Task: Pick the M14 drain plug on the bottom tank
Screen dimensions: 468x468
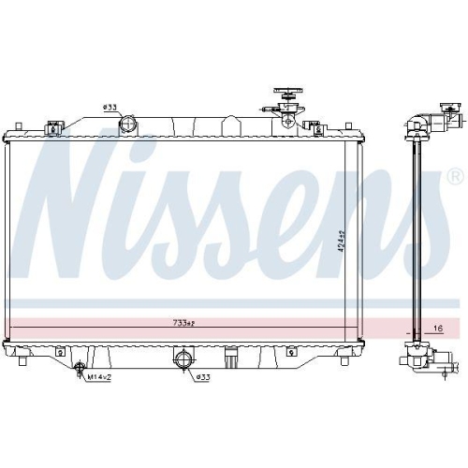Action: tap(80, 369)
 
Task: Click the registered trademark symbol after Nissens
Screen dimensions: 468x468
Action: tap(455, 176)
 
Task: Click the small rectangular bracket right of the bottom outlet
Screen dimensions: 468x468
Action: tap(230, 357)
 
